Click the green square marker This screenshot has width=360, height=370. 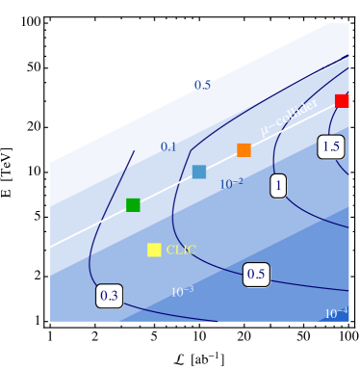[133, 204]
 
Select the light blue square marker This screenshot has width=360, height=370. [199, 172]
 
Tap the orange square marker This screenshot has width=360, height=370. [244, 149]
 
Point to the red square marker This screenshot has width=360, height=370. [342, 100]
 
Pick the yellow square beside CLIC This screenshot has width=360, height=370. [154, 250]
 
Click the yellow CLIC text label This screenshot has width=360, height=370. [181, 250]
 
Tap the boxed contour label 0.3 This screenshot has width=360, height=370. [109, 296]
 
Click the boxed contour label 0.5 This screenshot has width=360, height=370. [256, 274]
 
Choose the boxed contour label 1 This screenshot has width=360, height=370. [278, 186]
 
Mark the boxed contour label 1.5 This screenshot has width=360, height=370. [331, 146]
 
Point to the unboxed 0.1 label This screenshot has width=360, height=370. [168, 146]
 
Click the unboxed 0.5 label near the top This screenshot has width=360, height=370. [202, 85]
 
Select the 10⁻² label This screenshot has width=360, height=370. [231, 183]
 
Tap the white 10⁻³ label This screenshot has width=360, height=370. [182, 291]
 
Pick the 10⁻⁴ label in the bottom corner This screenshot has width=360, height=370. [336, 313]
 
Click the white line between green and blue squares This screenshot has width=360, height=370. [166, 189]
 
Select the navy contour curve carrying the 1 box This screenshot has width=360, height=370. [274, 154]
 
